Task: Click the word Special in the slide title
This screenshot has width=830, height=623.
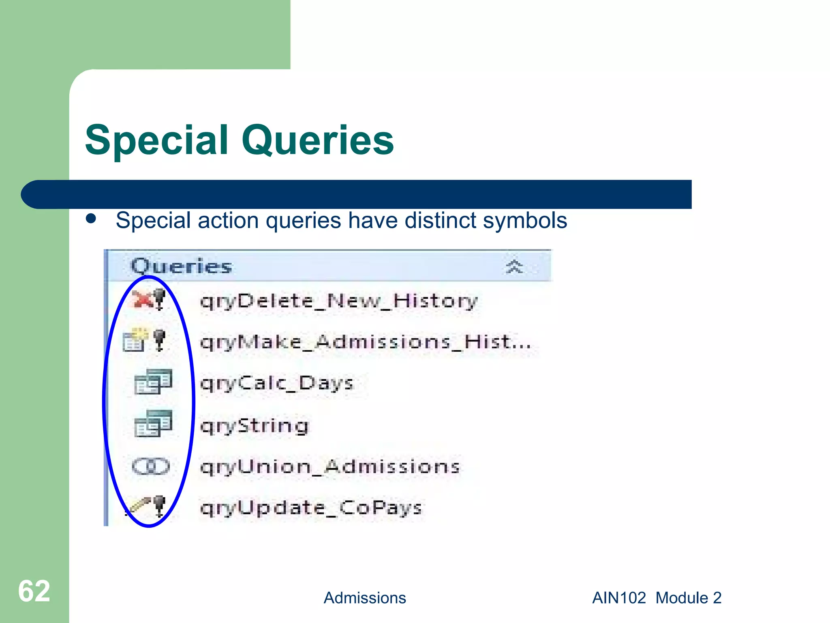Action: pos(157,140)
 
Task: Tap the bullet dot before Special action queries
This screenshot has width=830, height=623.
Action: pos(91,219)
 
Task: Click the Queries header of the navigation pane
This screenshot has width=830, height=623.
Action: pos(181,266)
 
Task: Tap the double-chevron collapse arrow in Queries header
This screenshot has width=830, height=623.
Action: pos(514,267)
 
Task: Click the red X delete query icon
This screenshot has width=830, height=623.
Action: pos(143,300)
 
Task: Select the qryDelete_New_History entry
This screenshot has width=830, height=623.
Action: pos(339,301)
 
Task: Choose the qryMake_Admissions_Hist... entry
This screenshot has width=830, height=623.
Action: pos(365,342)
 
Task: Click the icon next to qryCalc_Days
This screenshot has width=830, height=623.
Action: pos(153,382)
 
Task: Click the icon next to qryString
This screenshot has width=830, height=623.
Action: pos(153,423)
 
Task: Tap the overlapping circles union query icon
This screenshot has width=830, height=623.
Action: pos(150,466)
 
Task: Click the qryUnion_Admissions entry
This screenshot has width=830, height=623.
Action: pos(330,467)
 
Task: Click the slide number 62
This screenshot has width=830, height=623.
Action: pos(34,591)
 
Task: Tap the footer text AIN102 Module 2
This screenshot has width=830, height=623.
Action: pos(657,598)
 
